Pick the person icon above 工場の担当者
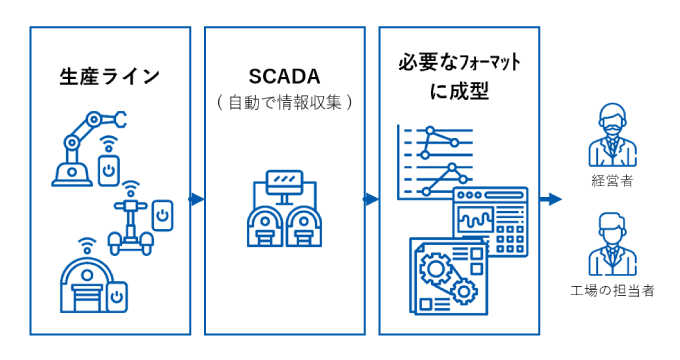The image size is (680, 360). (x=611, y=246)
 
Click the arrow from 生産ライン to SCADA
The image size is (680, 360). (x=197, y=199)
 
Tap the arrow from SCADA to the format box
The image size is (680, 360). (x=371, y=199)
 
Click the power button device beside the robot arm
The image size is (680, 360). (x=110, y=170)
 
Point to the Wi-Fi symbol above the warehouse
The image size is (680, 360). (x=87, y=243)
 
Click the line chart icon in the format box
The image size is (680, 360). (x=434, y=160)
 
